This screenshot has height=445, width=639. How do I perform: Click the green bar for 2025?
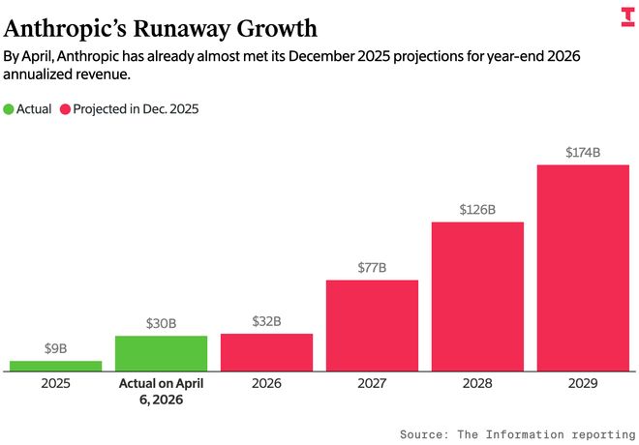pyautogui.click(x=56, y=366)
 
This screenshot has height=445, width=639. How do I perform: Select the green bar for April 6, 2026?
pyautogui.click(x=161, y=353)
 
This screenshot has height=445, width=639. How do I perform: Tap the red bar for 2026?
pyautogui.click(x=266, y=352)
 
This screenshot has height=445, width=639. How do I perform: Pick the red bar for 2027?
pyautogui.click(x=372, y=325)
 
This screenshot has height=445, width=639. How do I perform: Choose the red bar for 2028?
pyautogui.click(x=477, y=296)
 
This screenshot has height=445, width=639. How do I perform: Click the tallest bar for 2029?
pyautogui.click(x=583, y=267)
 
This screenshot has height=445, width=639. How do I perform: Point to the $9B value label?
pyautogui.click(x=56, y=348)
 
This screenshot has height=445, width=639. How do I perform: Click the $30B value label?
pyautogui.click(x=161, y=323)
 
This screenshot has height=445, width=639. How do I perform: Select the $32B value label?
pyautogui.click(x=266, y=321)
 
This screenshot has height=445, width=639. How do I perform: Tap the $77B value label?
pyautogui.click(x=372, y=267)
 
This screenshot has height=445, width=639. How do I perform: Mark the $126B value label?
pyautogui.click(x=477, y=209)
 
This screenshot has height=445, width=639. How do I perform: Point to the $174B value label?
pyautogui.click(x=583, y=152)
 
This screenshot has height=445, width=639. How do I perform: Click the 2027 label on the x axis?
pyautogui.click(x=372, y=384)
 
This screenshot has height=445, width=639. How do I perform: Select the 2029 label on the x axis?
pyautogui.click(x=583, y=384)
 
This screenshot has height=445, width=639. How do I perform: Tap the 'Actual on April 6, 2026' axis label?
pyautogui.click(x=161, y=392)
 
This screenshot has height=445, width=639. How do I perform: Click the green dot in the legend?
pyautogui.click(x=11, y=109)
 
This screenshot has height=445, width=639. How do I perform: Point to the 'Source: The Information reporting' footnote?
pyautogui.click(x=517, y=434)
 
